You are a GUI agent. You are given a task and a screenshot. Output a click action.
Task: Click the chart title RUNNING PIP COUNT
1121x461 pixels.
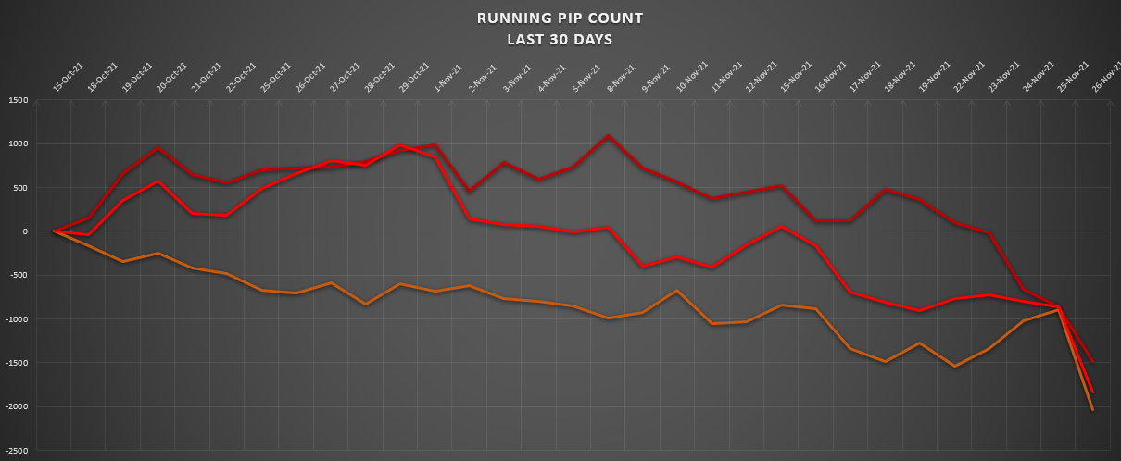tap(559, 18)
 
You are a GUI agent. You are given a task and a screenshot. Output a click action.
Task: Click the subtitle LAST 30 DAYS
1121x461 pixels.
tap(559, 39)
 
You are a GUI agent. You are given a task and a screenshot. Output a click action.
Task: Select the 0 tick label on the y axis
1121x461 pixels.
tap(25, 231)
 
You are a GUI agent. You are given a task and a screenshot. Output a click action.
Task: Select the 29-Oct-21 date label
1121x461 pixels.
tap(413, 78)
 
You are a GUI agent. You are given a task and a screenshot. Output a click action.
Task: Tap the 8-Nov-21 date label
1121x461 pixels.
tap(621, 78)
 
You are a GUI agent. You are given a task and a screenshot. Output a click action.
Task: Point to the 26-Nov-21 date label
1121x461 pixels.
tap(1103, 78)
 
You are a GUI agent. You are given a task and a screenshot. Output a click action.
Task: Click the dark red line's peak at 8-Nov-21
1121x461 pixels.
tap(608, 136)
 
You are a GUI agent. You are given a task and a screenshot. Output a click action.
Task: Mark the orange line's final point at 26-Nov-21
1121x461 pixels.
tap(1093, 410)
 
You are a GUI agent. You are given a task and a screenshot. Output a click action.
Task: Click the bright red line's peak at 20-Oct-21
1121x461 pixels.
tap(158, 181)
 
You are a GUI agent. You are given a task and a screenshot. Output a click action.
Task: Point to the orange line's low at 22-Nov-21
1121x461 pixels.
tap(953, 367)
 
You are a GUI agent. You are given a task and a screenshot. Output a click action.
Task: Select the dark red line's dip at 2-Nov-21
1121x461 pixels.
tap(470, 192)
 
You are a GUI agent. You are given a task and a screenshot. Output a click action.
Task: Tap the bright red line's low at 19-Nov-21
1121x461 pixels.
tap(918, 311)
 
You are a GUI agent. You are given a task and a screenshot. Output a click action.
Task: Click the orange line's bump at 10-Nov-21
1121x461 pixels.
tap(677, 291)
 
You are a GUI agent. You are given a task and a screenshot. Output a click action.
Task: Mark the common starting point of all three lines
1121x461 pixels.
tap(54, 231)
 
